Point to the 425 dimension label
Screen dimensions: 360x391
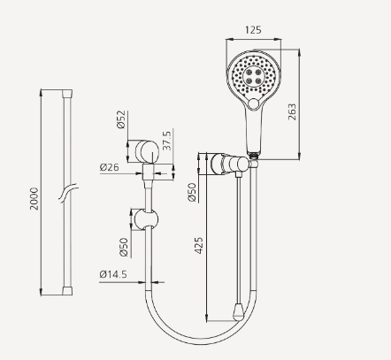point(200,243)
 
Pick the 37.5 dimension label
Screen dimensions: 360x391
point(167,140)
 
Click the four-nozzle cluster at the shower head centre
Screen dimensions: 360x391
point(250,79)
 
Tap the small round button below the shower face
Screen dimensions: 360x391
point(257,107)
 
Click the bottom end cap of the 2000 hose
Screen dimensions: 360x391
point(68,290)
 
